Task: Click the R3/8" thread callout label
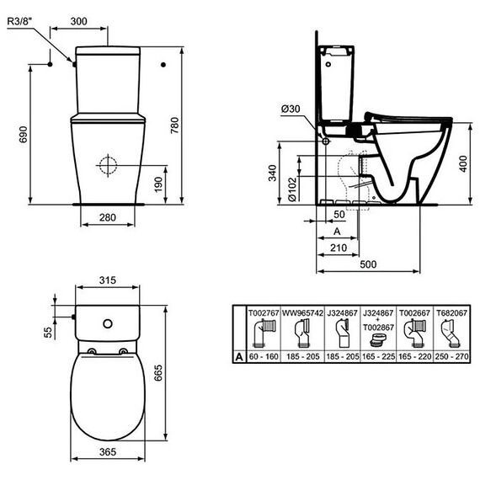(x=19, y=21)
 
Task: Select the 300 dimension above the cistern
(x=78, y=21)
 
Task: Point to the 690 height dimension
(x=24, y=135)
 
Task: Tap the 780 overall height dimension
(x=174, y=125)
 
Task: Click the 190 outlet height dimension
(x=158, y=184)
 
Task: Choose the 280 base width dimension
(x=108, y=217)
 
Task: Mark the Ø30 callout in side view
(x=291, y=109)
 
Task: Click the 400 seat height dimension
(x=463, y=163)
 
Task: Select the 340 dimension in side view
(x=272, y=173)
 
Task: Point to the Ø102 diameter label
(x=293, y=189)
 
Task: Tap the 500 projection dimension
(x=368, y=264)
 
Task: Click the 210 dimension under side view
(x=339, y=248)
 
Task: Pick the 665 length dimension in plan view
(x=158, y=373)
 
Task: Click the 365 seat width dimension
(x=108, y=452)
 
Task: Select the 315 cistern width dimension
(x=108, y=280)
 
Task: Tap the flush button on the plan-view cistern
(x=108, y=323)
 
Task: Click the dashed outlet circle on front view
(x=108, y=165)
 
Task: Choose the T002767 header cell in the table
(x=264, y=313)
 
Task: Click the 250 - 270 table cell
(x=452, y=357)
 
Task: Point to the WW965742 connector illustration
(x=302, y=333)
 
